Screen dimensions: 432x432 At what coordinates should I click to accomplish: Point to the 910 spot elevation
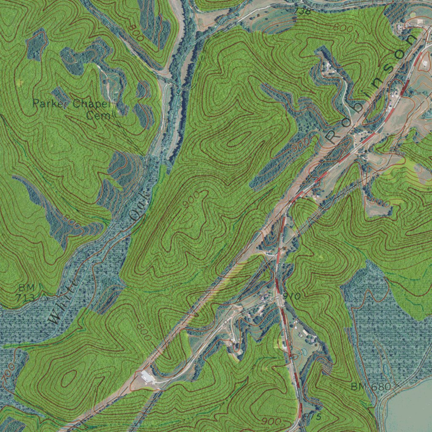coord(292,297)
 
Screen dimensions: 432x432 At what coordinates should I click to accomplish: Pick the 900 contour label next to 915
coord(270,421)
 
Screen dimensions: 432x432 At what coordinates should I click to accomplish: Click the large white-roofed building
coord(148,376)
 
